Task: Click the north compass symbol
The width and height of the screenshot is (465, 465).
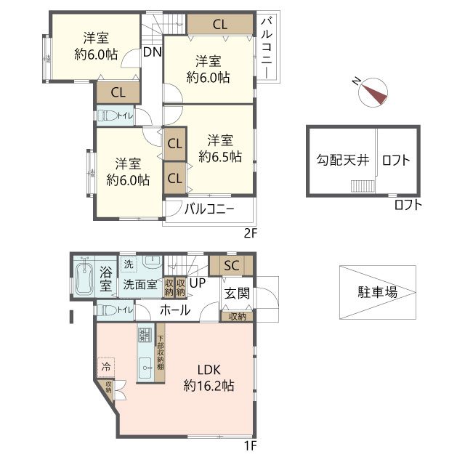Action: click(x=373, y=92)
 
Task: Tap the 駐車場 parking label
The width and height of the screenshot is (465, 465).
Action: click(x=377, y=294)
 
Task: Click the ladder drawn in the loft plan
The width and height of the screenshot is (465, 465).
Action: click(x=363, y=187)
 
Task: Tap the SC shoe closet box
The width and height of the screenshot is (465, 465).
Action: click(x=231, y=264)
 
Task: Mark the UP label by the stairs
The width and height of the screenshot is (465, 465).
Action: click(x=197, y=283)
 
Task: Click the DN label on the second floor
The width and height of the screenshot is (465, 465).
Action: click(x=152, y=52)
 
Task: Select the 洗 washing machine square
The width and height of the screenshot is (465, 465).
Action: click(x=129, y=263)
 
